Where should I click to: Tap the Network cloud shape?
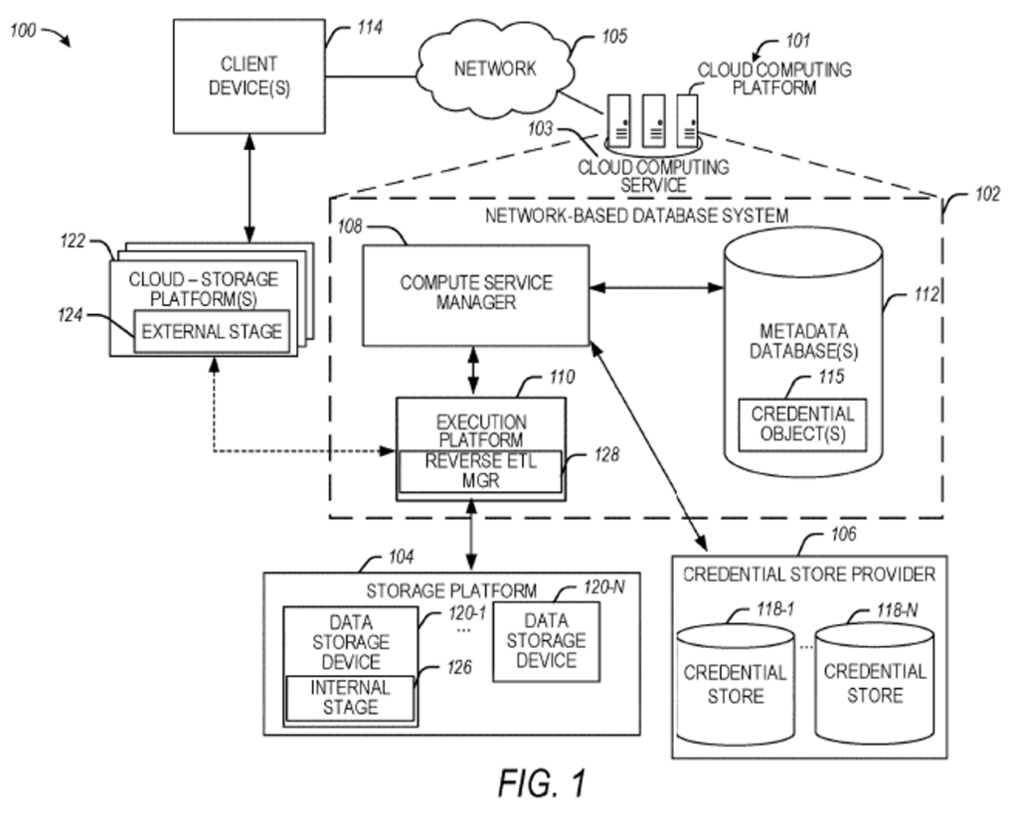pyautogui.click(x=495, y=67)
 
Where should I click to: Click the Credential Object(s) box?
pyautogui.click(x=801, y=423)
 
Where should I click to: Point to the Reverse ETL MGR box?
pyautogui.click(x=480, y=470)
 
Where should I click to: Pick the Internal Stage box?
pyautogui.click(x=350, y=697)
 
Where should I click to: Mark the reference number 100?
pyautogui.click(x=24, y=30)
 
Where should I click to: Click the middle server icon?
pyautogui.click(x=652, y=116)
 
